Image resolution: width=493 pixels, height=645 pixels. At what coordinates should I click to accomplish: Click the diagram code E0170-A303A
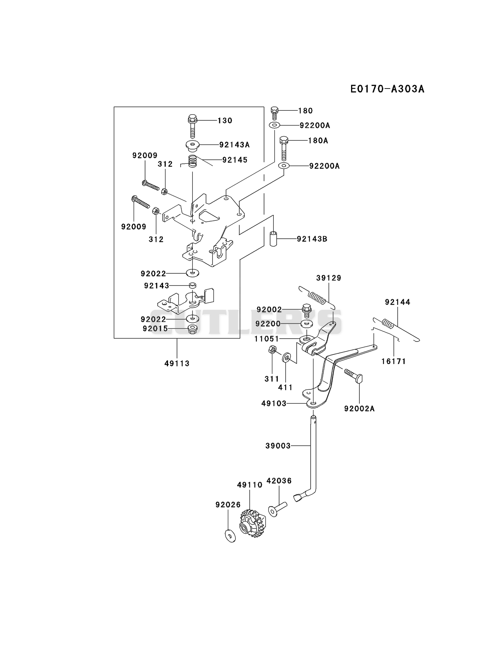pos(387,89)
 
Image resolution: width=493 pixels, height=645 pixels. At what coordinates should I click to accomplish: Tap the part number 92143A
pos(234,144)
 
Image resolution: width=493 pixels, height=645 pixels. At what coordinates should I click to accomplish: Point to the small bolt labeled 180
pos(274,113)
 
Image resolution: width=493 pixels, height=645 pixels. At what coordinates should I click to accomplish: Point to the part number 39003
pos(278,446)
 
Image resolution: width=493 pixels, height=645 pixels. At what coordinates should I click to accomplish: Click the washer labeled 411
pos(286,358)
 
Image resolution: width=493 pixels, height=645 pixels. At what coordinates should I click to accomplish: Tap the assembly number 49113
pos(177,363)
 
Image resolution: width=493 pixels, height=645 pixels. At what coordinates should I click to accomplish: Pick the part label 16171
pos(394,361)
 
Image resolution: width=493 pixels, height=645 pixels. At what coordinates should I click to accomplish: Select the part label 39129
pos(329,278)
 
